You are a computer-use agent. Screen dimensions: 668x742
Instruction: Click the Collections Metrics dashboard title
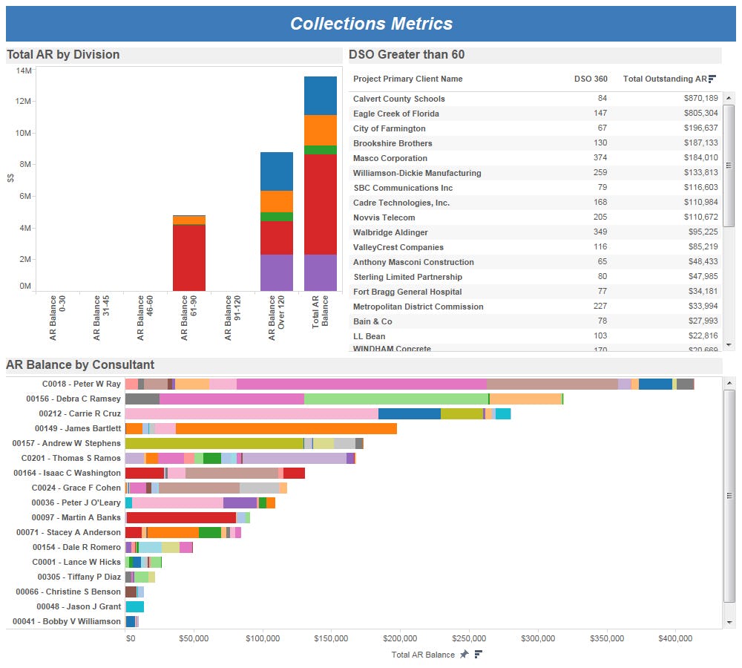coord(371,24)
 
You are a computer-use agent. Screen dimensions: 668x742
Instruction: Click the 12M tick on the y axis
coord(24,102)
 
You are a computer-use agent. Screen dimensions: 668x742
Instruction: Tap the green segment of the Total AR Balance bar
coord(321,150)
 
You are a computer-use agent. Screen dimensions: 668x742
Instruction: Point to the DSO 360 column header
coord(591,79)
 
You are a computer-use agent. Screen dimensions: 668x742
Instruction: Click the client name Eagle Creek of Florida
coord(395,114)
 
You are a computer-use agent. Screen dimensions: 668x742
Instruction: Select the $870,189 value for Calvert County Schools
coord(701,99)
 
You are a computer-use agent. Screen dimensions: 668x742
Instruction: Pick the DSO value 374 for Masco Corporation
coord(600,158)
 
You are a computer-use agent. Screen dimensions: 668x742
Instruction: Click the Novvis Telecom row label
coord(384,217)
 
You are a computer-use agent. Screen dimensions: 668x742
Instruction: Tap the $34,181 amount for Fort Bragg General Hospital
coord(701,292)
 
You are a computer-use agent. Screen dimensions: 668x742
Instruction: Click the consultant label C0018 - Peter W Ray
coord(82,384)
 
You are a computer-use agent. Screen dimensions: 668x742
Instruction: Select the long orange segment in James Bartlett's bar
coord(286,428)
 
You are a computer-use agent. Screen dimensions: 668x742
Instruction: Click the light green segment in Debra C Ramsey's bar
coord(396,399)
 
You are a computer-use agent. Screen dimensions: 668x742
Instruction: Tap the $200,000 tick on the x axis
coord(400,638)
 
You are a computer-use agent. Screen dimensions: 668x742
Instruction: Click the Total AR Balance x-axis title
coord(423,655)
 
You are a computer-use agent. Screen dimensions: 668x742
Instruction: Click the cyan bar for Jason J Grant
coord(134,606)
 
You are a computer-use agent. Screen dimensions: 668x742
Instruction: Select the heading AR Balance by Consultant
coord(80,364)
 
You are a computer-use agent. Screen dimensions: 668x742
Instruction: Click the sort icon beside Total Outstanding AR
coord(712,79)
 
